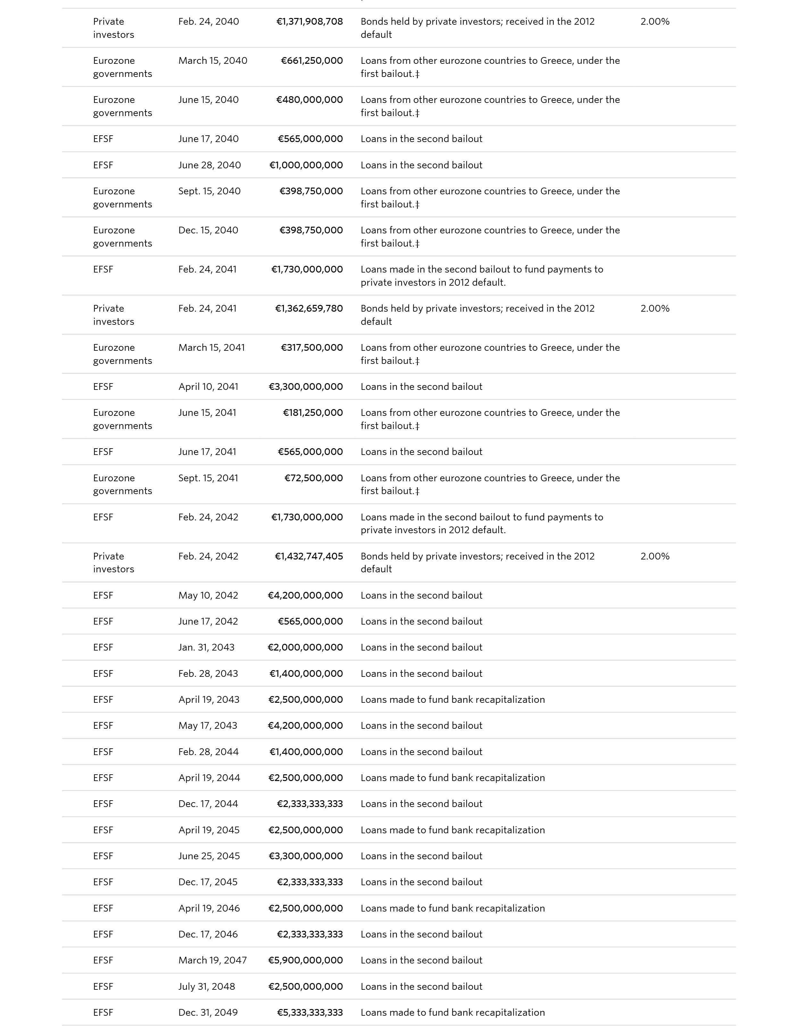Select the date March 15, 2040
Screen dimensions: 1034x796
tap(212, 61)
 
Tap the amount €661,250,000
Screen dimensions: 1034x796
tap(312, 61)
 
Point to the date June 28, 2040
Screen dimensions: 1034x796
tap(209, 165)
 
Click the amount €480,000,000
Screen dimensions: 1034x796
tap(310, 100)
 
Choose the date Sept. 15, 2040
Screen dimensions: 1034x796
tap(209, 191)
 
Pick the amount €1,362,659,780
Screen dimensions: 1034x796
tap(309, 309)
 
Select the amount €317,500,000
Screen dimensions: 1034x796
tap(312, 348)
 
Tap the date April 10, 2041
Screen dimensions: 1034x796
tap(208, 387)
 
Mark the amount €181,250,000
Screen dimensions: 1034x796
tap(313, 413)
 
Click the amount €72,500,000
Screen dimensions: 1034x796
tap(314, 478)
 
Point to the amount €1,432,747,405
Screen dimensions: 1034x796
tap(309, 556)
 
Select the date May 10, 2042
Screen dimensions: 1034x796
tap(208, 596)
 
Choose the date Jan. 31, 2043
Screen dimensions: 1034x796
tap(206, 647)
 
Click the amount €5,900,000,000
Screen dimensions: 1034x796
tap(306, 960)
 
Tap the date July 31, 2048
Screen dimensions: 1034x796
tap(206, 987)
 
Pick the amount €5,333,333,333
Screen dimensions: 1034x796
tap(310, 1013)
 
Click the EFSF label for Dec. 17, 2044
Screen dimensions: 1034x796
tap(103, 804)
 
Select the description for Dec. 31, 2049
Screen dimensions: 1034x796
tap(452, 1013)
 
